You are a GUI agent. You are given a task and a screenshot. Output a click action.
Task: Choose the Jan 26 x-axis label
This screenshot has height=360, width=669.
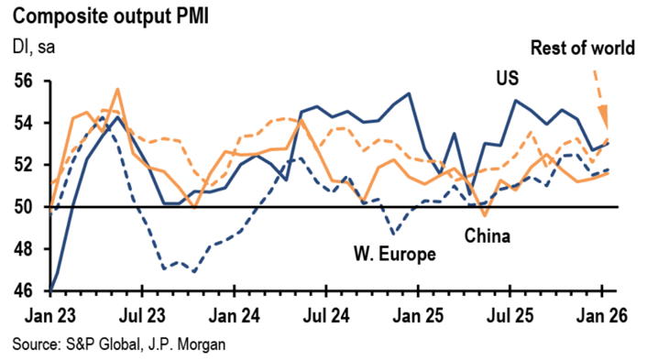tap(600, 315)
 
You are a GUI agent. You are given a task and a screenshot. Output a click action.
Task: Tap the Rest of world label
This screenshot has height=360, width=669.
tap(585, 48)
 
